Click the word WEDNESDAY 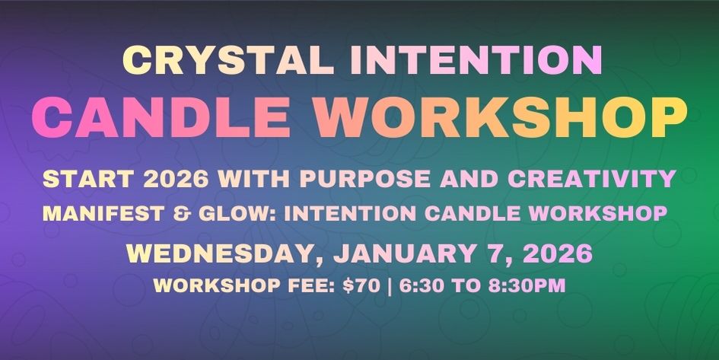[x=214, y=252]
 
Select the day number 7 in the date [x=484, y=252]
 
